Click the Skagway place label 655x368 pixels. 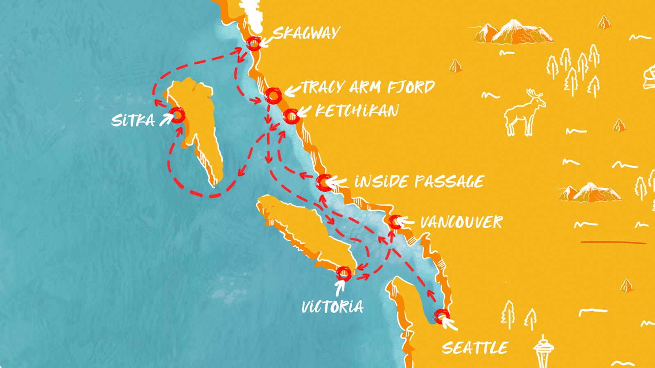tap(307, 33)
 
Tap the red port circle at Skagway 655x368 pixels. tap(254, 43)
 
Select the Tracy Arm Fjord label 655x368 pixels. tap(368, 87)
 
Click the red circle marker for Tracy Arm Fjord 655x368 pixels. tap(273, 96)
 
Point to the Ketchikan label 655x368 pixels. tap(357, 110)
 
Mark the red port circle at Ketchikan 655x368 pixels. tap(291, 117)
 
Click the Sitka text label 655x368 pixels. tap(133, 121)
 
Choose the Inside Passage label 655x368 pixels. tap(419, 181)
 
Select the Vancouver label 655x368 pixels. tap(461, 222)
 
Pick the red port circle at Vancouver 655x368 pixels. tap(395, 222)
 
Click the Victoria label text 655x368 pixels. tap(332, 307)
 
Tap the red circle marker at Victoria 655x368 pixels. tap(343, 273)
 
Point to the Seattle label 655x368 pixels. tap(474, 348)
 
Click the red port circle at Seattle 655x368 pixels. tap(441, 316)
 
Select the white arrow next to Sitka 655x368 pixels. tap(166, 120)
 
